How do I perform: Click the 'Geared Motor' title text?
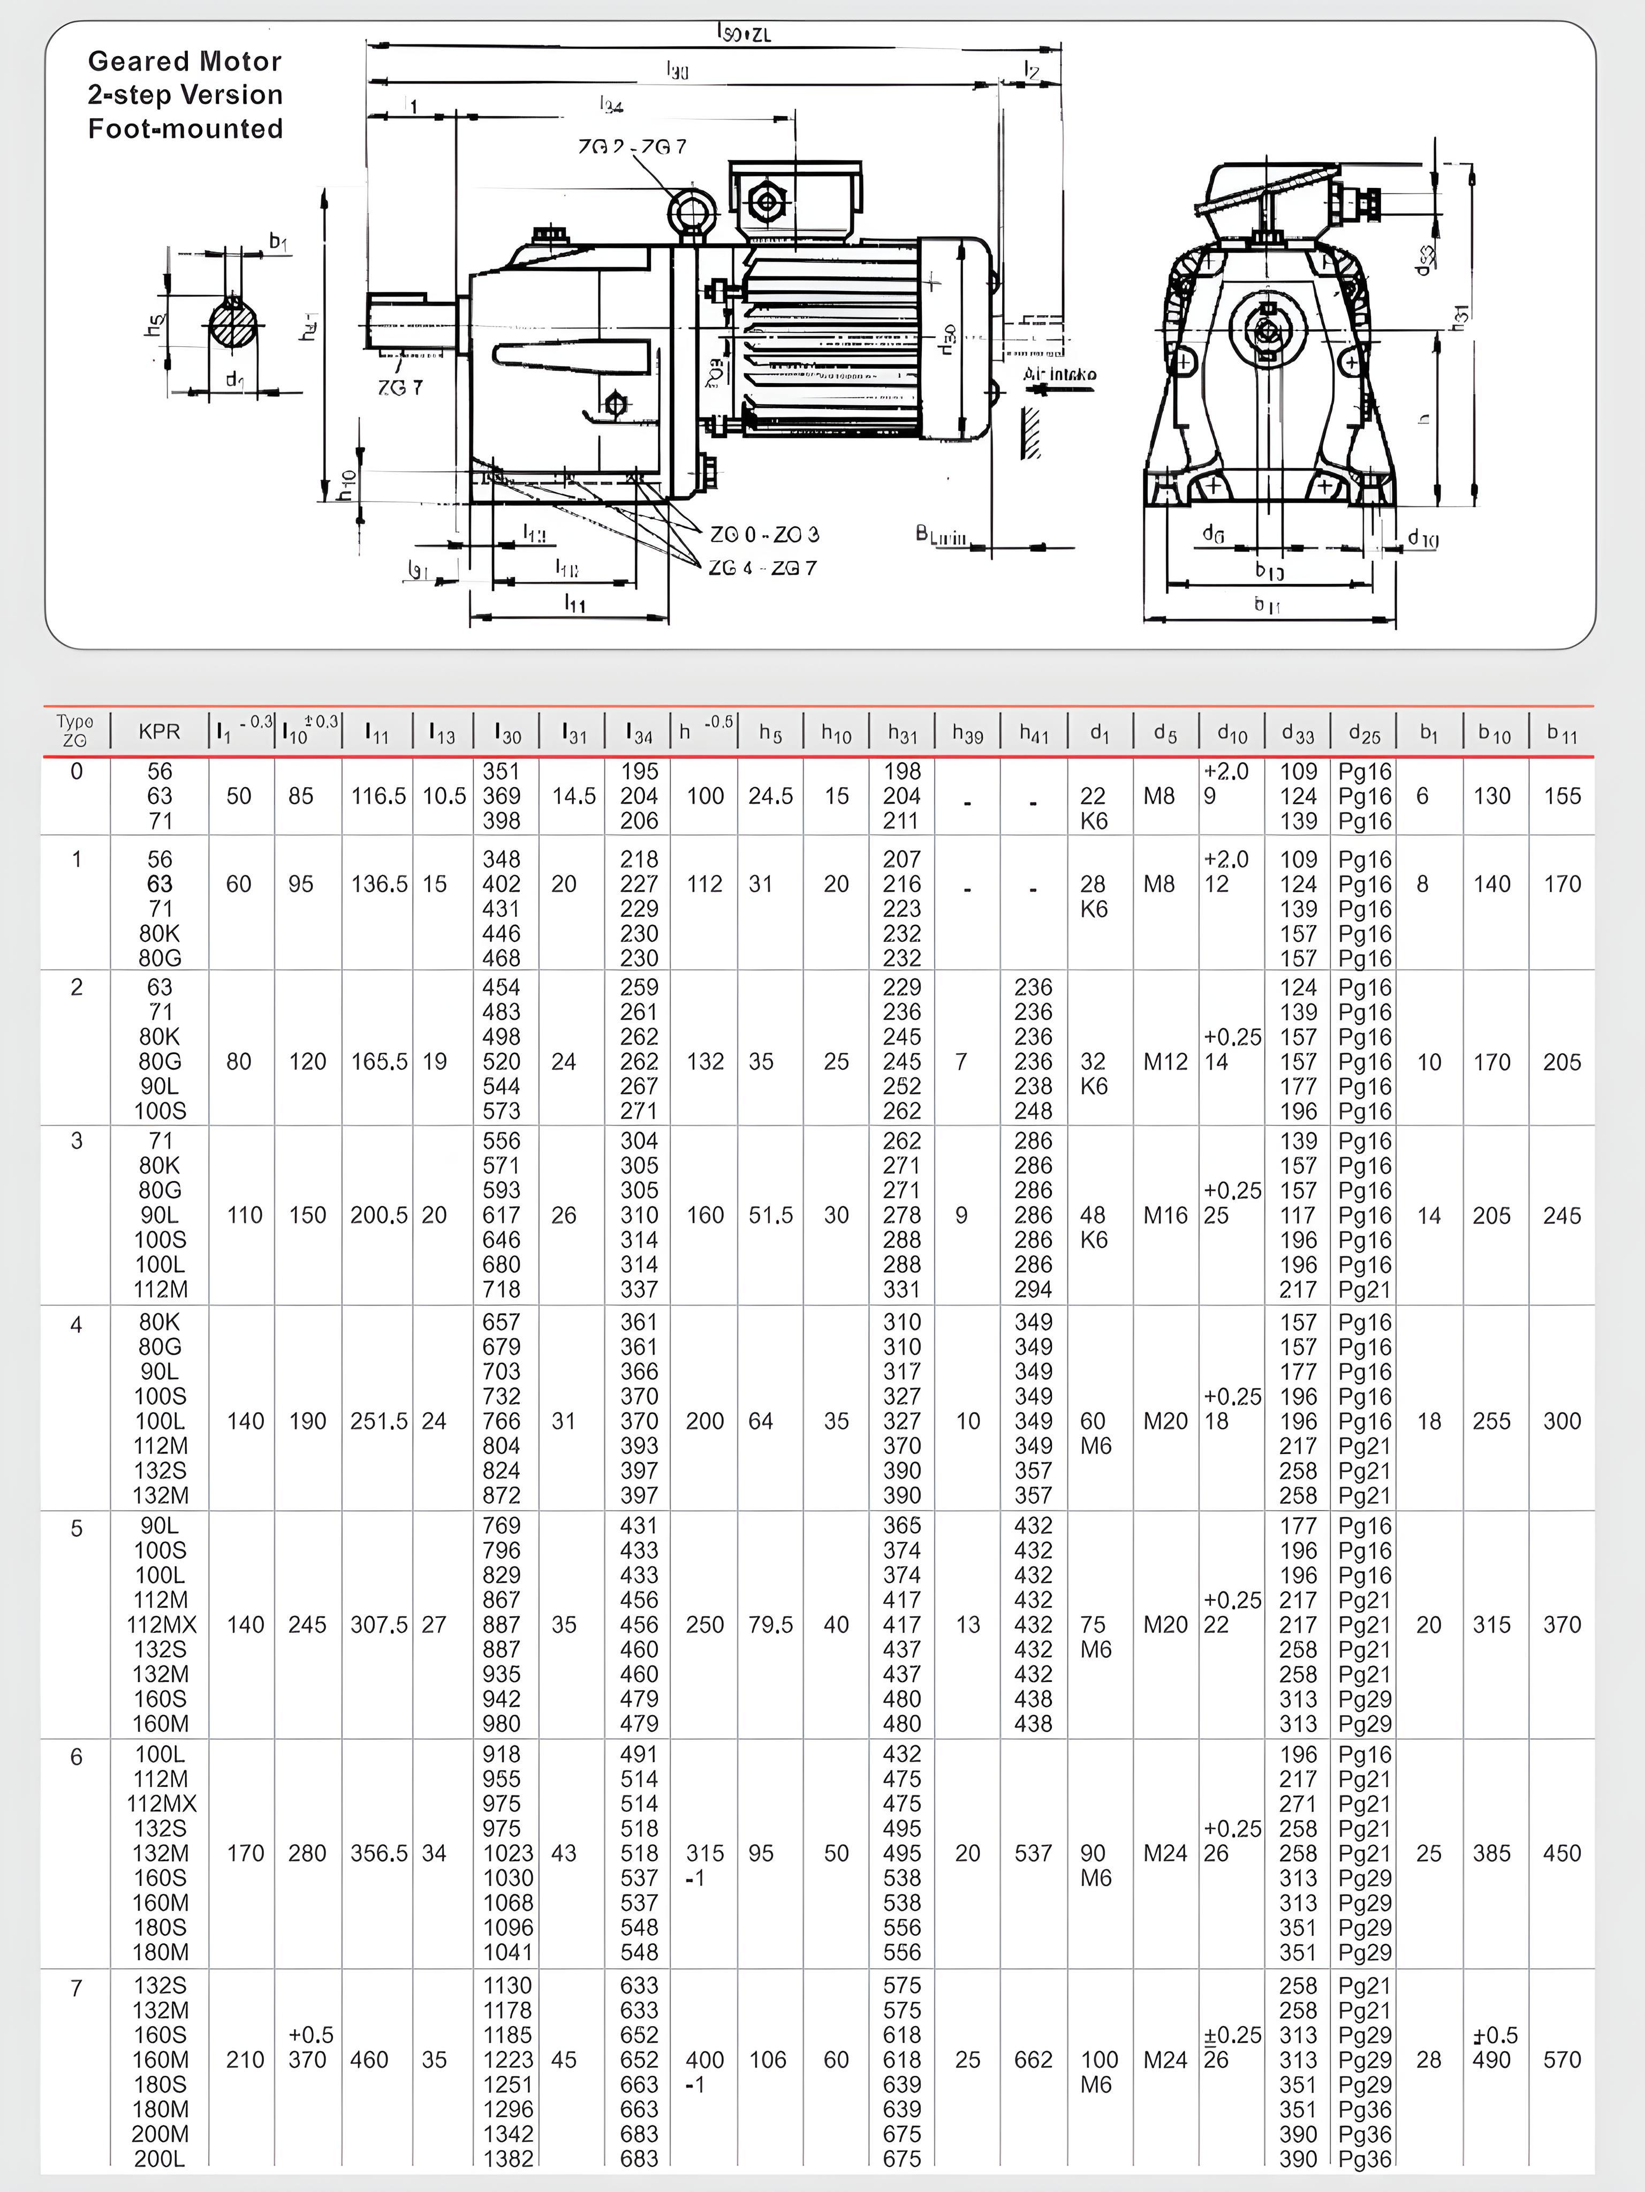click(x=184, y=62)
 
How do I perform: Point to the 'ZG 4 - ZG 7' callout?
click(x=762, y=568)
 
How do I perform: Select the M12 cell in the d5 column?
click(x=1164, y=1061)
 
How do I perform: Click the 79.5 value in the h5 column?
click(x=771, y=1624)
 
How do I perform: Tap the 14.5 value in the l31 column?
click(x=574, y=796)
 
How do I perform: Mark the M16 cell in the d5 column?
click(x=1164, y=1215)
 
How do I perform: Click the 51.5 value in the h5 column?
click(x=771, y=1215)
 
